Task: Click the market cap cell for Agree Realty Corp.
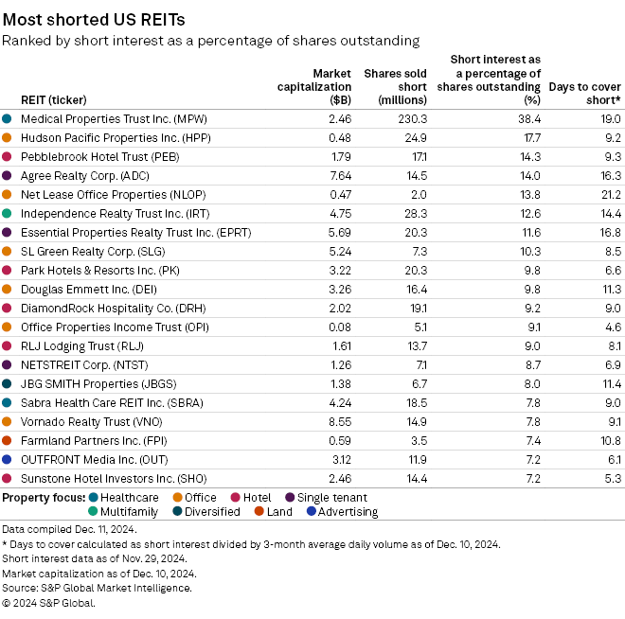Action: (339, 175)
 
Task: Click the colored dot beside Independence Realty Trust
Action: (8, 213)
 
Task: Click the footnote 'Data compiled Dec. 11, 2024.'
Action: (64, 529)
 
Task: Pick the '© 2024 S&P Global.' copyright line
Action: (48, 603)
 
